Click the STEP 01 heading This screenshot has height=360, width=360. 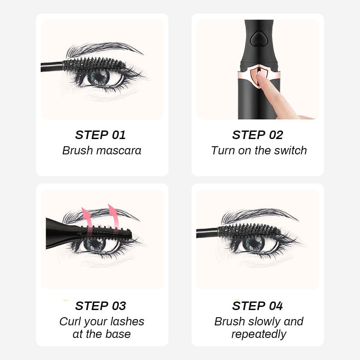[x=100, y=135]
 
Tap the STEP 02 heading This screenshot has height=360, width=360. [x=257, y=135]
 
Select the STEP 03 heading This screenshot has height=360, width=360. [x=100, y=306]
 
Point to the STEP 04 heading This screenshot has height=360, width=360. [x=257, y=306]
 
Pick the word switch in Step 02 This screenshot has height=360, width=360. [x=291, y=150]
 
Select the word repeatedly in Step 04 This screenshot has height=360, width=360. [x=259, y=334]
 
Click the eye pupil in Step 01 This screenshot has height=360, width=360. [x=98, y=77]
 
